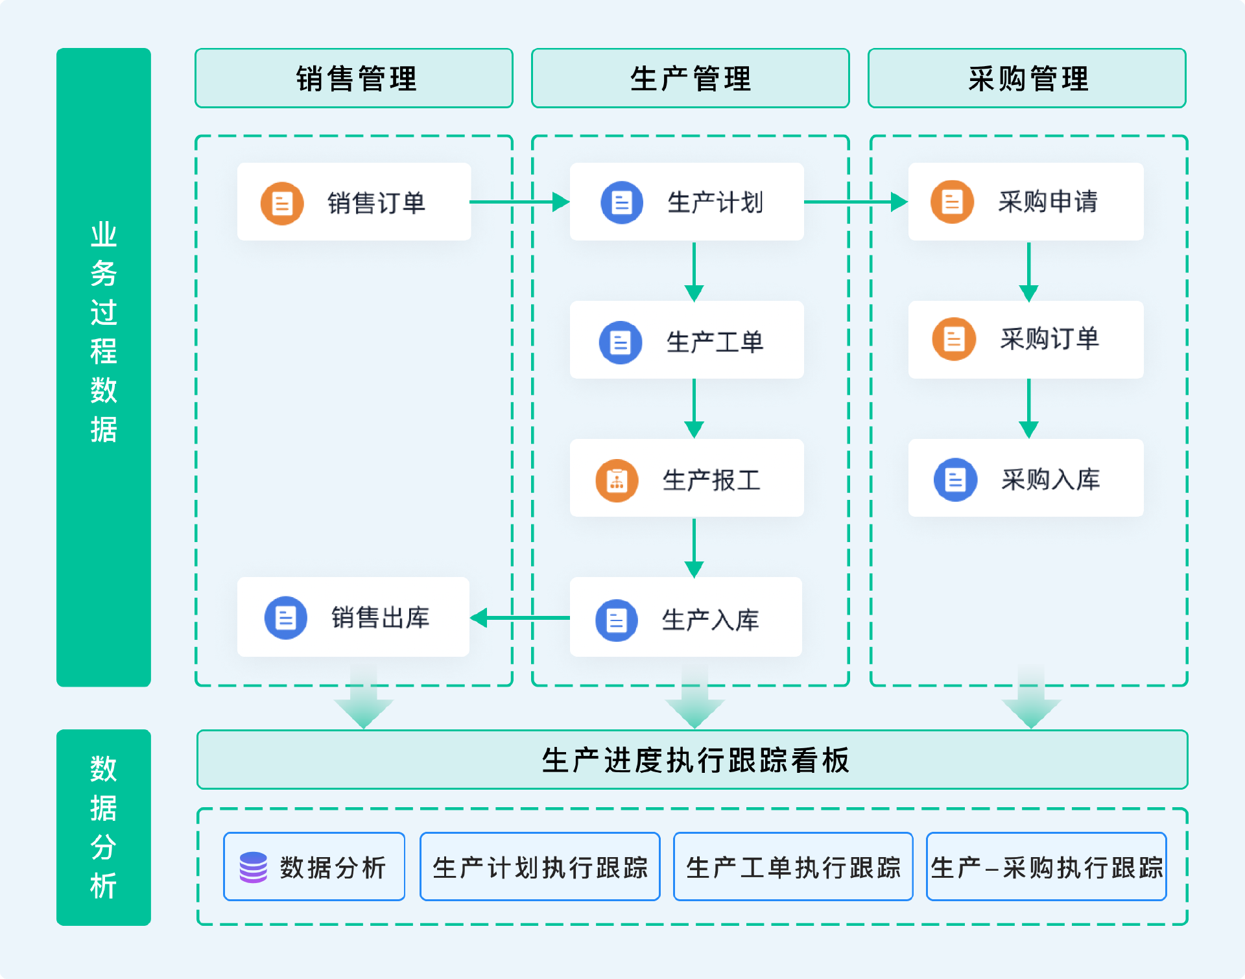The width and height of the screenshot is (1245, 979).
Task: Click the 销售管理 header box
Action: [354, 78]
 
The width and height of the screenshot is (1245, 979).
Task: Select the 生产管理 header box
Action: [690, 78]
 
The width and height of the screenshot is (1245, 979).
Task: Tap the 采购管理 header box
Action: [1027, 78]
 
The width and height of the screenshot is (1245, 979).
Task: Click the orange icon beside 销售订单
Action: [282, 204]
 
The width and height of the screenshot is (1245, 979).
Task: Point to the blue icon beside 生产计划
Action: [622, 202]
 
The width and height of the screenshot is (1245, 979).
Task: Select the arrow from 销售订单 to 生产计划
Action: [519, 202]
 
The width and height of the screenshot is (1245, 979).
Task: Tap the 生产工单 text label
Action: [715, 342]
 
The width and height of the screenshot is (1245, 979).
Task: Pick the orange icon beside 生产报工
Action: [617, 480]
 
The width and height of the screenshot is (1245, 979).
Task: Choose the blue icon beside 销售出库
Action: [286, 618]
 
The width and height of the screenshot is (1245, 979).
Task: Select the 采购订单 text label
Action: [1049, 339]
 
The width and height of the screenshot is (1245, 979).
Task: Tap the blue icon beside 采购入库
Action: [955, 480]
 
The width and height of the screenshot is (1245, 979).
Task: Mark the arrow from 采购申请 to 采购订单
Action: [1028, 272]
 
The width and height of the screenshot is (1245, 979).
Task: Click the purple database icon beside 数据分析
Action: [253, 867]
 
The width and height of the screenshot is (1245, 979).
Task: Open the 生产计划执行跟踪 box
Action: [539, 867]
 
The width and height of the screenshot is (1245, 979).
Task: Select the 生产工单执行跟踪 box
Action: [793, 867]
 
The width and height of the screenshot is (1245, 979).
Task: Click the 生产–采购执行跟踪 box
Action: [1046, 867]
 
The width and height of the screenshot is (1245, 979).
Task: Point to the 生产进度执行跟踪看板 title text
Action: [695, 760]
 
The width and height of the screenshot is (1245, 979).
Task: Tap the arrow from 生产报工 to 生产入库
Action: [694, 547]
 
